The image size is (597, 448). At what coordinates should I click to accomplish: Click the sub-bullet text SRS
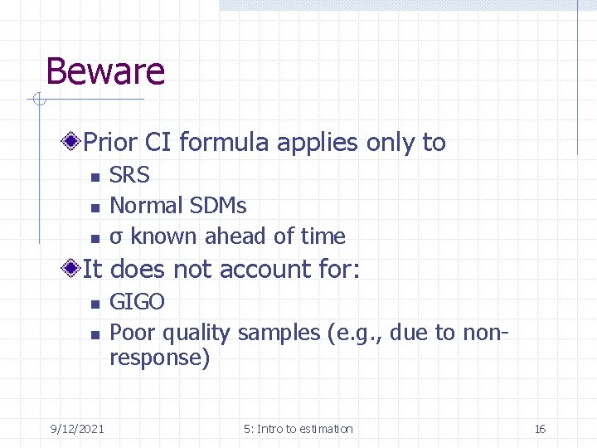[x=130, y=175]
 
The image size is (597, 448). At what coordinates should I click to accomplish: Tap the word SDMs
[x=218, y=205]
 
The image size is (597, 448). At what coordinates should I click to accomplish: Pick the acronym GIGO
[x=138, y=301]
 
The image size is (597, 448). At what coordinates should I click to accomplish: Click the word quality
[x=197, y=333]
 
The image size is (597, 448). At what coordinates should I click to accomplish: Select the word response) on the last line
[x=160, y=358]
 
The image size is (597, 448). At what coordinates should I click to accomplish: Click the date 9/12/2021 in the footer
[x=77, y=429]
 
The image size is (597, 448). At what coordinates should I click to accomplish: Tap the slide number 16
[x=540, y=429]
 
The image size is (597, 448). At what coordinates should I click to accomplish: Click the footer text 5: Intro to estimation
[x=298, y=429]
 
